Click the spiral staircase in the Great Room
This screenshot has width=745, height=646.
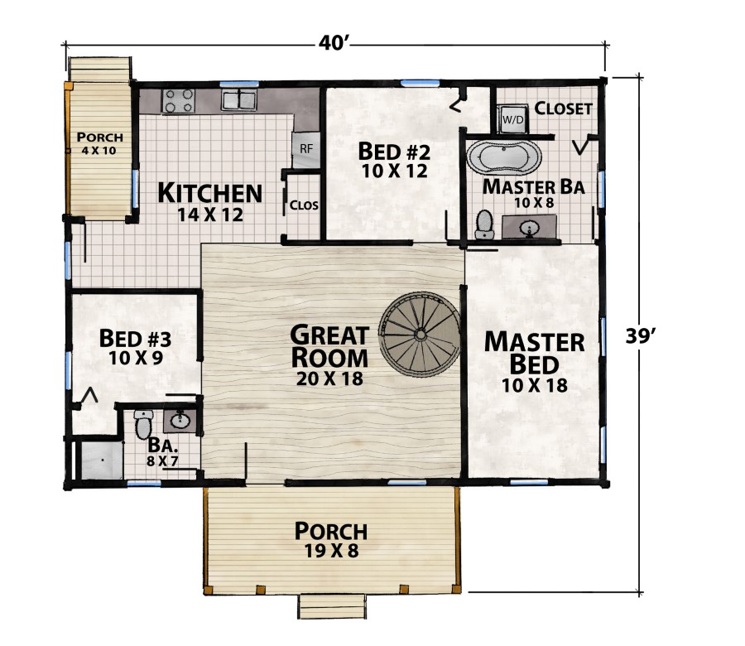pos(420,334)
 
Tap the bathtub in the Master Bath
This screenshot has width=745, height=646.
pos(504,157)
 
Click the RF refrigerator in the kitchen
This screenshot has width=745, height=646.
pos(305,149)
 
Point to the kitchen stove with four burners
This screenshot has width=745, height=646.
pos(179,100)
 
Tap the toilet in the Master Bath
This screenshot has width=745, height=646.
pos(484,223)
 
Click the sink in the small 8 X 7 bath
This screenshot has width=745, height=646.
pos(180,421)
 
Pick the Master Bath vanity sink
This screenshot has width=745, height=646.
pos(530,226)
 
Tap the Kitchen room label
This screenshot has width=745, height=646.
pos(209,194)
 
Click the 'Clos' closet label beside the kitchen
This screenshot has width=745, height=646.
pos(304,205)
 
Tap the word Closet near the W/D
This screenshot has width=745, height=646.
pos(563,108)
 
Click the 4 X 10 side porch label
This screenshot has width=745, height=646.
pos(99,151)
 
